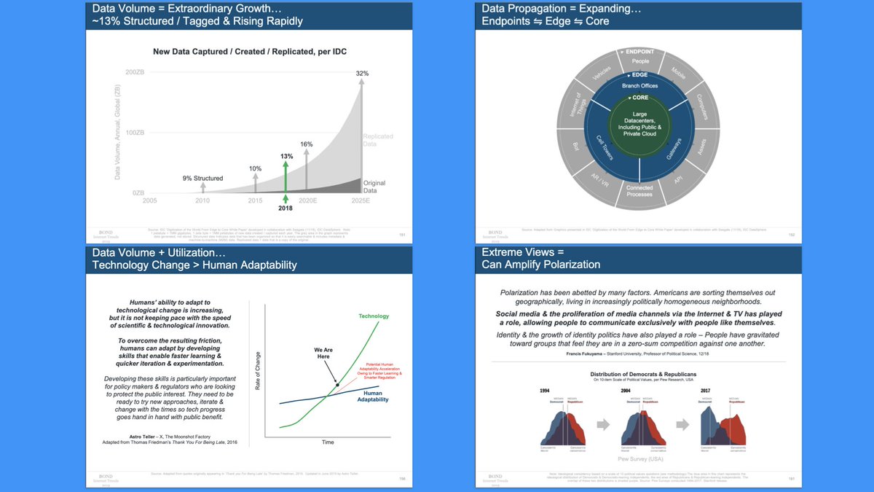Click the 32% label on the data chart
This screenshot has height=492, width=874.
362,74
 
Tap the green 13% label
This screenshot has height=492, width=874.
286,156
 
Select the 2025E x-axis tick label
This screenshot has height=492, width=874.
361,200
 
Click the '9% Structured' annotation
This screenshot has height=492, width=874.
203,178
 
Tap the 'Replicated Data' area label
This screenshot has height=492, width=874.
377,141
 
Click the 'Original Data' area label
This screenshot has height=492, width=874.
374,187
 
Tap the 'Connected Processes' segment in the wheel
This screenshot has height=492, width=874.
639,191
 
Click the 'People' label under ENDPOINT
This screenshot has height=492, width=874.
640,61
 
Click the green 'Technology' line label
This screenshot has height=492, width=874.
374,316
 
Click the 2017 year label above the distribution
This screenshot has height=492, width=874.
705,390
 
